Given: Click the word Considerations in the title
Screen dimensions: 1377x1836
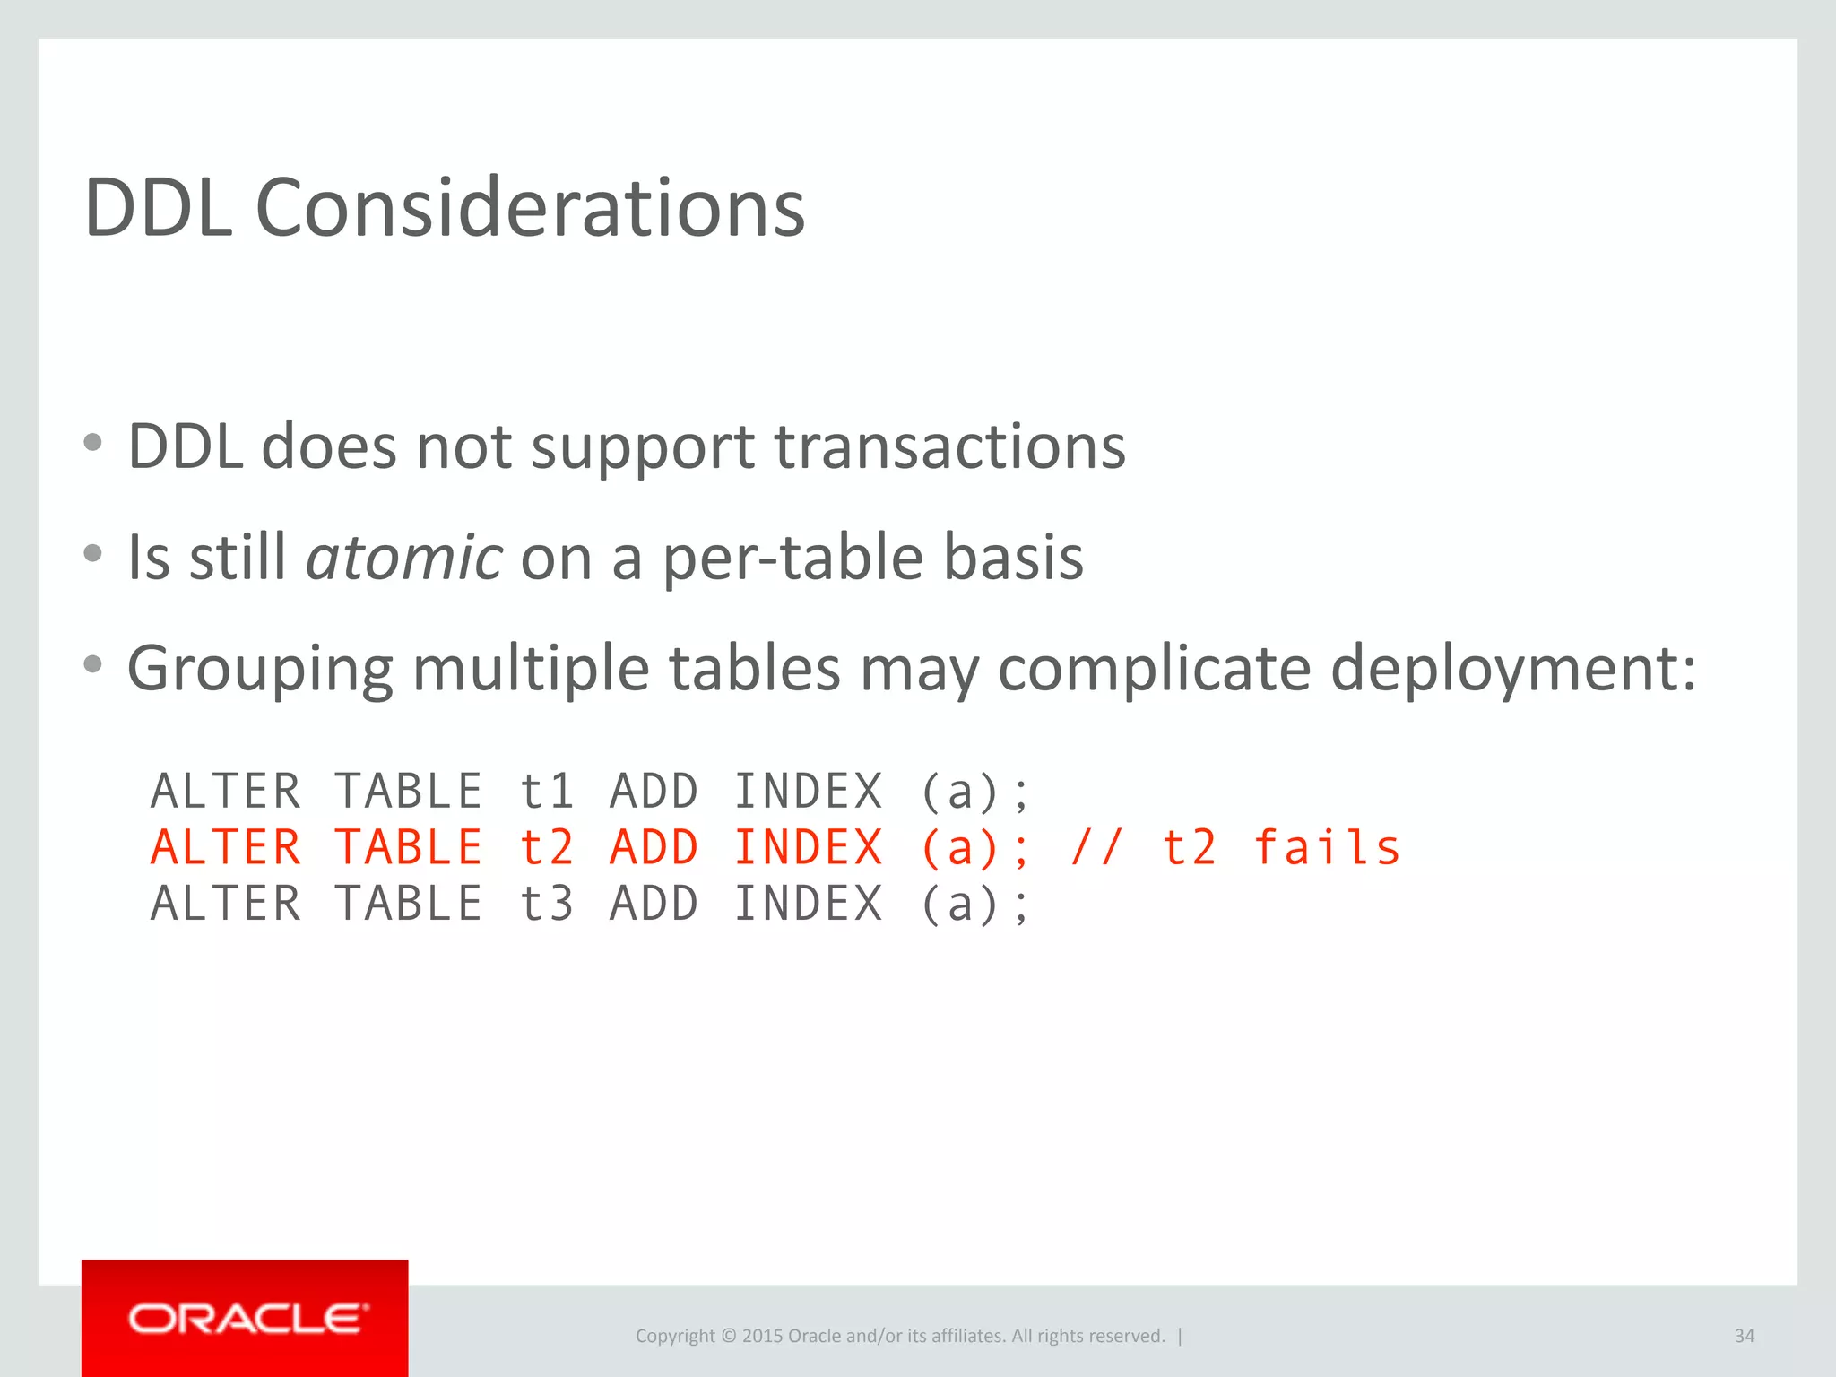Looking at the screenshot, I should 530,208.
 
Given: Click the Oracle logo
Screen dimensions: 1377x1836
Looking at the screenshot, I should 247,1319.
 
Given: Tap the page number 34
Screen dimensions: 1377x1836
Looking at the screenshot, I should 1744,1336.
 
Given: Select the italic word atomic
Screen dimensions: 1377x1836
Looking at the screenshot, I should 404,557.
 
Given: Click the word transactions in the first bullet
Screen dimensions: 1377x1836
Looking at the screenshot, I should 949,446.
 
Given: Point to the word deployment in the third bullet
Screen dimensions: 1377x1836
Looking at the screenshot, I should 1512,669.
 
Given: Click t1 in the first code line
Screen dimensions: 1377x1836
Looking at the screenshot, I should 546,792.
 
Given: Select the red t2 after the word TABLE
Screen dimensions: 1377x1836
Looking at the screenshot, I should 546,848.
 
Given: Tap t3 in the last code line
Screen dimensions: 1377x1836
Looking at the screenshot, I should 546,904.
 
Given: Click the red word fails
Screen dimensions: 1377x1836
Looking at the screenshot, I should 1327,848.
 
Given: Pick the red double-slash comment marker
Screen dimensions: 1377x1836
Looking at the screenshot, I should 1096,848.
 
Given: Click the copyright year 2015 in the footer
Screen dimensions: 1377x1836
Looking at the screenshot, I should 762,1336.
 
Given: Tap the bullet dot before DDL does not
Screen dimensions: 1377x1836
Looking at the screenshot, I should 93,442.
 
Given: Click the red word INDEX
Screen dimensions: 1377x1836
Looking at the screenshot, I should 809,848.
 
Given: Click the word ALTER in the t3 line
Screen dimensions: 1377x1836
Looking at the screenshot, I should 226,904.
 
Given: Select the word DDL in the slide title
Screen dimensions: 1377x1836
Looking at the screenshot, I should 159,208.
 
